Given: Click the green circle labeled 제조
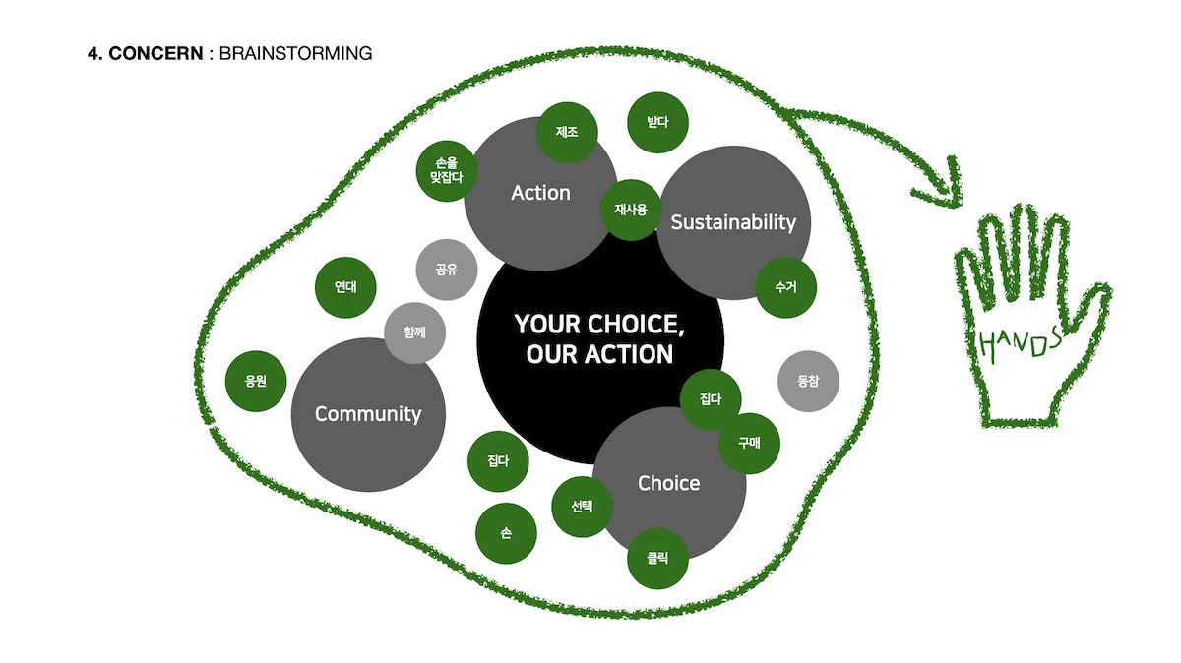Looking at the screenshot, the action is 567,132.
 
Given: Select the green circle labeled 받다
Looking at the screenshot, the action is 657,123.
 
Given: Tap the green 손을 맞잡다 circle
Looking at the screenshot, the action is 447,171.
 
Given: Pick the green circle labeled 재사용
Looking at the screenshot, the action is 631,210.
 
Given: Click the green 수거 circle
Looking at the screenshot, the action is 785,287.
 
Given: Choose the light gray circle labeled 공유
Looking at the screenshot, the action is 447,270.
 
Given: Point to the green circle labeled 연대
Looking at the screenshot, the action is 345,287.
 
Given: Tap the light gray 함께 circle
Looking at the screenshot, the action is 414,332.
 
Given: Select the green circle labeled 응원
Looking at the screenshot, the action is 256,381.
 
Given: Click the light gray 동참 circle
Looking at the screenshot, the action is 808,381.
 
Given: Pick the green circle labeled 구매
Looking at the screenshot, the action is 749,444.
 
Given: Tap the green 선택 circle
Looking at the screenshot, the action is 582,507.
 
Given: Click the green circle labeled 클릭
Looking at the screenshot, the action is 657,558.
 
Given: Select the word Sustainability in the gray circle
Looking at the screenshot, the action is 733,223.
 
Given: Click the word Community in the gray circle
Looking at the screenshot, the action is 368,414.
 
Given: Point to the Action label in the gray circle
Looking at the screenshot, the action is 540,193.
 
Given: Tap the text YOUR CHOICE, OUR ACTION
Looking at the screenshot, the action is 599,339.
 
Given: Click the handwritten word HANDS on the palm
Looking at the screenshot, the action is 1020,343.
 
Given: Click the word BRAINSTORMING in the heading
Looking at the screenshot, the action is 296,53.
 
